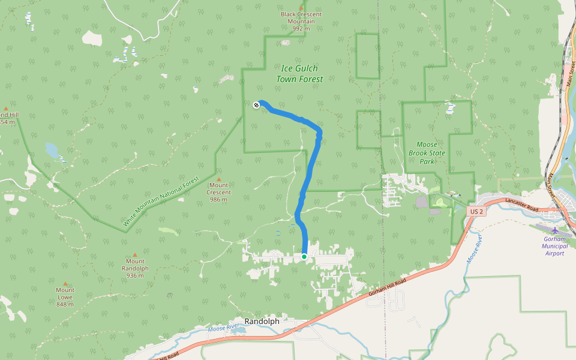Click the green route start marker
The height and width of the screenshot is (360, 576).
304,257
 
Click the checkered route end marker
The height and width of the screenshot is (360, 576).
256,105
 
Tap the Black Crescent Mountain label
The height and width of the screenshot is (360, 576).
301,21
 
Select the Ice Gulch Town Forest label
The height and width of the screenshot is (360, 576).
299,74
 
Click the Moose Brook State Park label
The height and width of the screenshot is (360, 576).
427,153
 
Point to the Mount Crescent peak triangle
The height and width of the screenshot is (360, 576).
218,179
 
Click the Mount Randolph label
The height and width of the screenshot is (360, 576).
134,268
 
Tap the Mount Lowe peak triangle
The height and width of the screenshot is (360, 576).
65,283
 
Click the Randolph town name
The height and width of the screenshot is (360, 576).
262,322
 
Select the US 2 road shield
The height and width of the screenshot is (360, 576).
476,212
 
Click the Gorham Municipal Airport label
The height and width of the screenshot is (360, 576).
554,245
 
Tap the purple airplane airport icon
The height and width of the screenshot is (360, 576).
554,230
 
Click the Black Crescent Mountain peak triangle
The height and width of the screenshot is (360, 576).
301,7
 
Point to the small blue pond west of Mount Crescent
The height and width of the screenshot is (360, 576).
52,149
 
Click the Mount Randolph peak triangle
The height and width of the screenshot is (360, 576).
134,254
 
